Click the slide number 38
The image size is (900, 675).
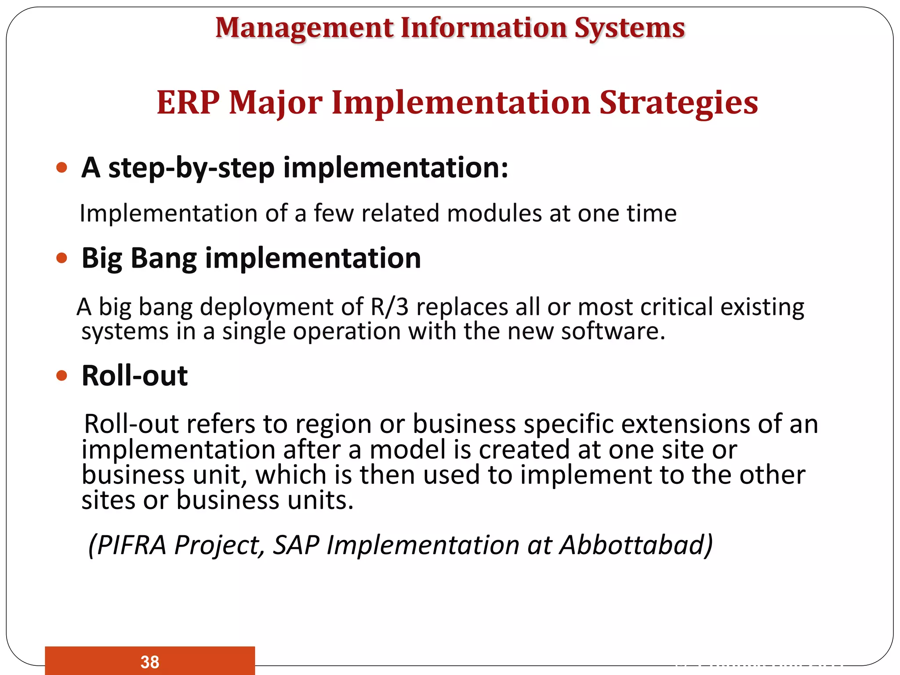point(150,662)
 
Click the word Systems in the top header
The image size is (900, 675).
point(629,28)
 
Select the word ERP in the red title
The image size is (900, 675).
point(188,102)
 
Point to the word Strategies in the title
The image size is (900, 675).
point(679,102)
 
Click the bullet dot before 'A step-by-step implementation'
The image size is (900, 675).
point(62,167)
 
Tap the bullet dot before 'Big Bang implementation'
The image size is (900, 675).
point(62,258)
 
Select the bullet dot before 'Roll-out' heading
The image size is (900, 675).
point(62,376)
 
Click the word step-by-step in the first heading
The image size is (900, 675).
point(191,168)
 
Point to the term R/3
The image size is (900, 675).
point(389,307)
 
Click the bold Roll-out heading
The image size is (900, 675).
point(134,376)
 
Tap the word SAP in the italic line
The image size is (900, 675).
point(296,545)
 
